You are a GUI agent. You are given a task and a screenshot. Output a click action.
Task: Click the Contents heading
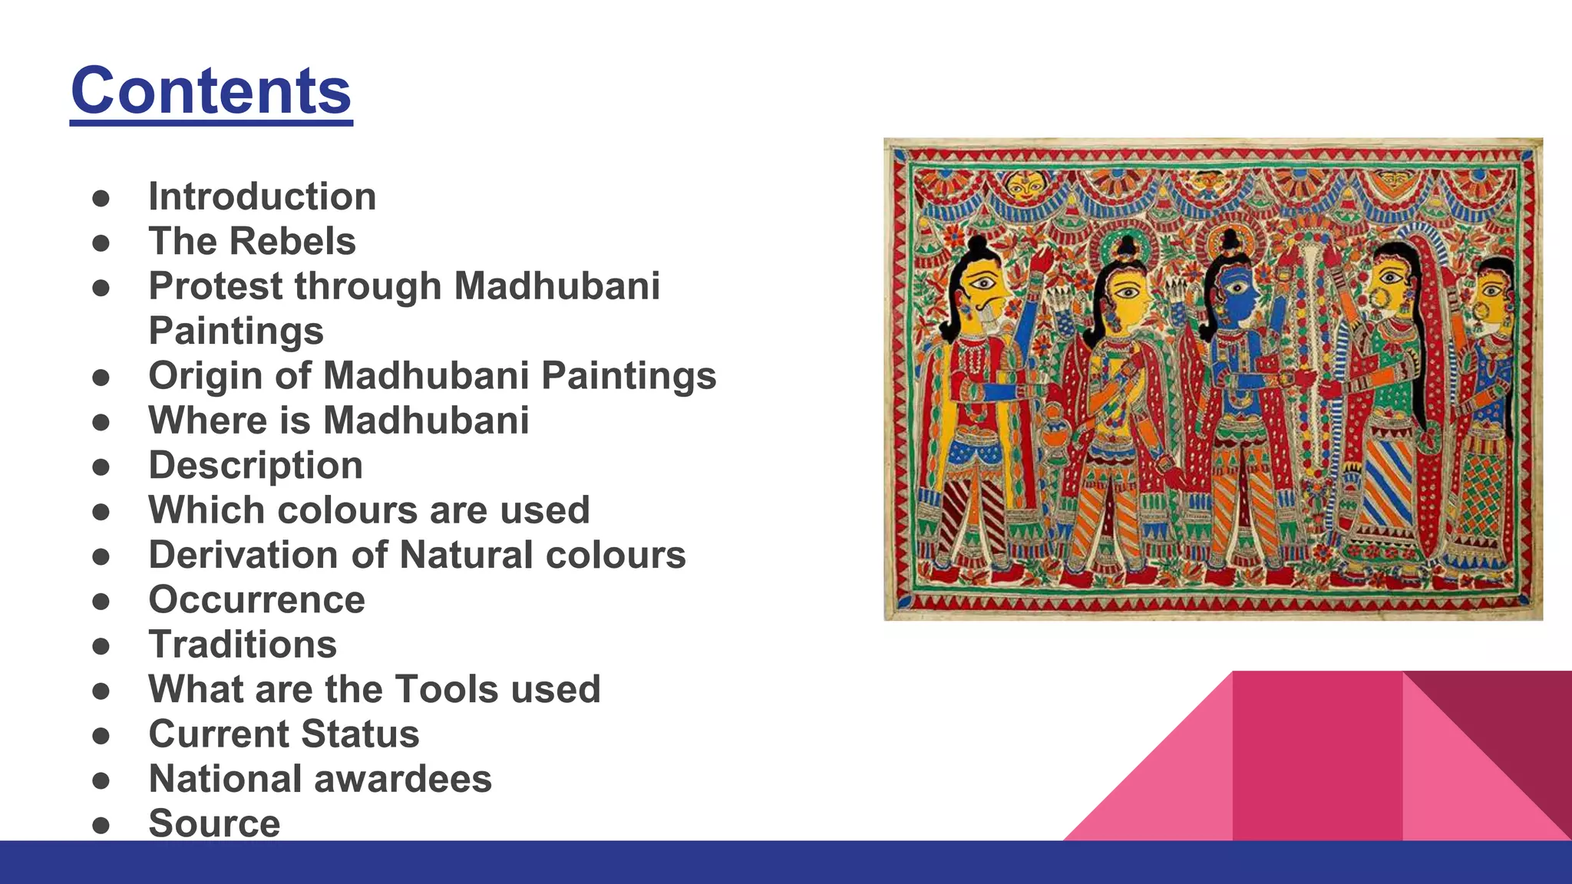coord(211,91)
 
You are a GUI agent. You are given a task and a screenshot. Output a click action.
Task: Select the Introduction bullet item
coord(262,196)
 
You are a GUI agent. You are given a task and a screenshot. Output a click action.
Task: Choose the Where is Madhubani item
coord(339,421)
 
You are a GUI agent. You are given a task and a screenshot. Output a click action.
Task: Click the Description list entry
coord(256,466)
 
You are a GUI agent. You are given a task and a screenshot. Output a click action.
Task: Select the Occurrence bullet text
coord(256,600)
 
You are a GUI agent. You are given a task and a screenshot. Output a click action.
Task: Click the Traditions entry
coord(243,645)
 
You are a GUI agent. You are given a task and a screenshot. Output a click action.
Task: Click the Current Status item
coord(283,734)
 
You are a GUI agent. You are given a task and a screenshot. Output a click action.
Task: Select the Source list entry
coord(214,823)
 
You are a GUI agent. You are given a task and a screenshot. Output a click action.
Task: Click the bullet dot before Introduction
coord(101,198)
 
